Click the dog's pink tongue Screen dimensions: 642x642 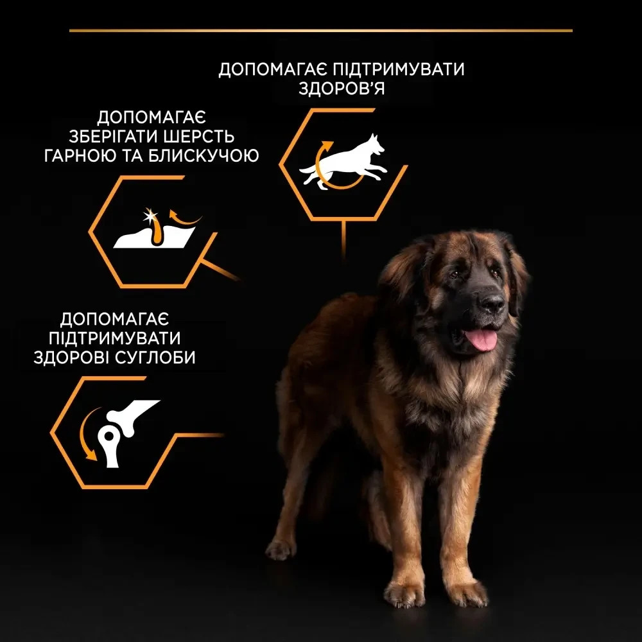click(x=481, y=339)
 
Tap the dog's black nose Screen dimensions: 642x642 click(x=491, y=302)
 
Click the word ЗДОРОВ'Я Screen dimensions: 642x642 click(x=342, y=89)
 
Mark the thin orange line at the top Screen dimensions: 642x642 click(x=321, y=30)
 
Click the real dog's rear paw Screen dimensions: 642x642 click(x=281, y=549)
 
